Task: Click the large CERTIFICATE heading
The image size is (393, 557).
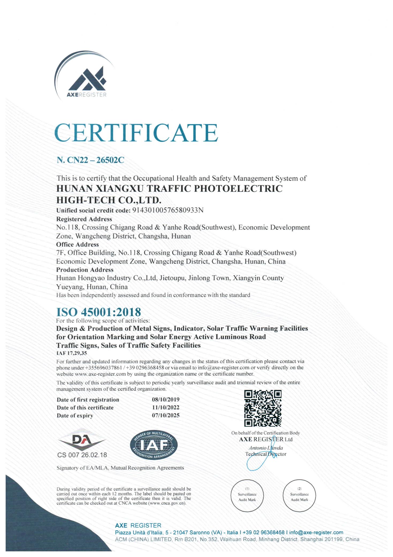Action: (x=136, y=133)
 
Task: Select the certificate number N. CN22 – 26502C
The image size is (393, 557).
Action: (x=90, y=160)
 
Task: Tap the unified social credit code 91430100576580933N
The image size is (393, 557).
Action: (x=168, y=210)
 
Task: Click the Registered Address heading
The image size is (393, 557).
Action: (x=84, y=219)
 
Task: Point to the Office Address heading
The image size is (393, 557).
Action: (x=77, y=244)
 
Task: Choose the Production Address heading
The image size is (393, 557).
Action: (x=85, y=270)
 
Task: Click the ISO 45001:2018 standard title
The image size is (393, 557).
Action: (x=98, y=312)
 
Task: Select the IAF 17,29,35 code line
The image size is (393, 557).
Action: (x=71, y=353)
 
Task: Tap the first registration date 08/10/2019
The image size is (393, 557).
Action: (x=166, y=399)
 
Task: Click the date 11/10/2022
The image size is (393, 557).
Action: (x=166, y=408)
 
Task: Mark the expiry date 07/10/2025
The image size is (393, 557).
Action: (x=166, y=415)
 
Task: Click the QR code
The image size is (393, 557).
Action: (x=263, y=408)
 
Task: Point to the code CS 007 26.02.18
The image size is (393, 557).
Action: (x=82, y=455)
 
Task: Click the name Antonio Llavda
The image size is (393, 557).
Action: (x=266, y=448)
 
